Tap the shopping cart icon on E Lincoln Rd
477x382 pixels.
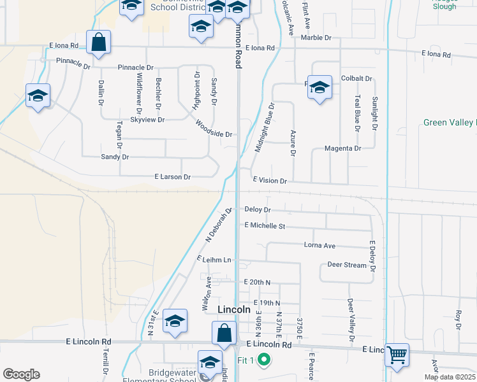(397, 354)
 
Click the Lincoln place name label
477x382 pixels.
(233, 309)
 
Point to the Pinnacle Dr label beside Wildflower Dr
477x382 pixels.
(136, 67)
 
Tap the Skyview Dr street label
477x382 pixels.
(147, 120)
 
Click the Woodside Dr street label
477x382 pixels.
(214, 129)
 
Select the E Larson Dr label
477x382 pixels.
(172, 177)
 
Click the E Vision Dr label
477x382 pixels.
(270, 181)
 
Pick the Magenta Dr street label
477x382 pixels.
(342, 148)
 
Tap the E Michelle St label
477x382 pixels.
(264, 226)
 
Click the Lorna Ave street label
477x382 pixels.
(319, 245)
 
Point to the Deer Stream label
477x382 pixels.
(346, 265)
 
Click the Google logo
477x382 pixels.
(21, 374)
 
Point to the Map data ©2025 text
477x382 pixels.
(449, 377)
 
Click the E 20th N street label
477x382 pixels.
(257, 282)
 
